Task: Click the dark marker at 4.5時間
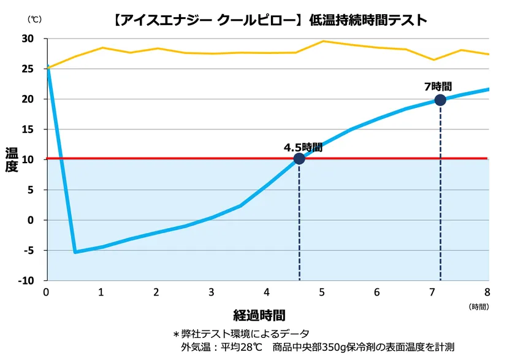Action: pos(299,159)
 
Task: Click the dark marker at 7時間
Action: pos(440,100)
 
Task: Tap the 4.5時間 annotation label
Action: pos(303,147)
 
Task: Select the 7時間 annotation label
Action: pos(438,87)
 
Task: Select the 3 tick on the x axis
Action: pos(212,292)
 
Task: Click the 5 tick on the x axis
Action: pos(322,292)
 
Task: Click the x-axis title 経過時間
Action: pos(259,316)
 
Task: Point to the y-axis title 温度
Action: pos(12,159)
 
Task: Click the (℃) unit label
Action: pos(34,19)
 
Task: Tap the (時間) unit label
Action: pos(479,306)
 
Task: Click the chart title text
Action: pos(270,20)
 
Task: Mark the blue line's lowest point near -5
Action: pos(75,252)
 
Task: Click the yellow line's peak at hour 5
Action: pos(323,41)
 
